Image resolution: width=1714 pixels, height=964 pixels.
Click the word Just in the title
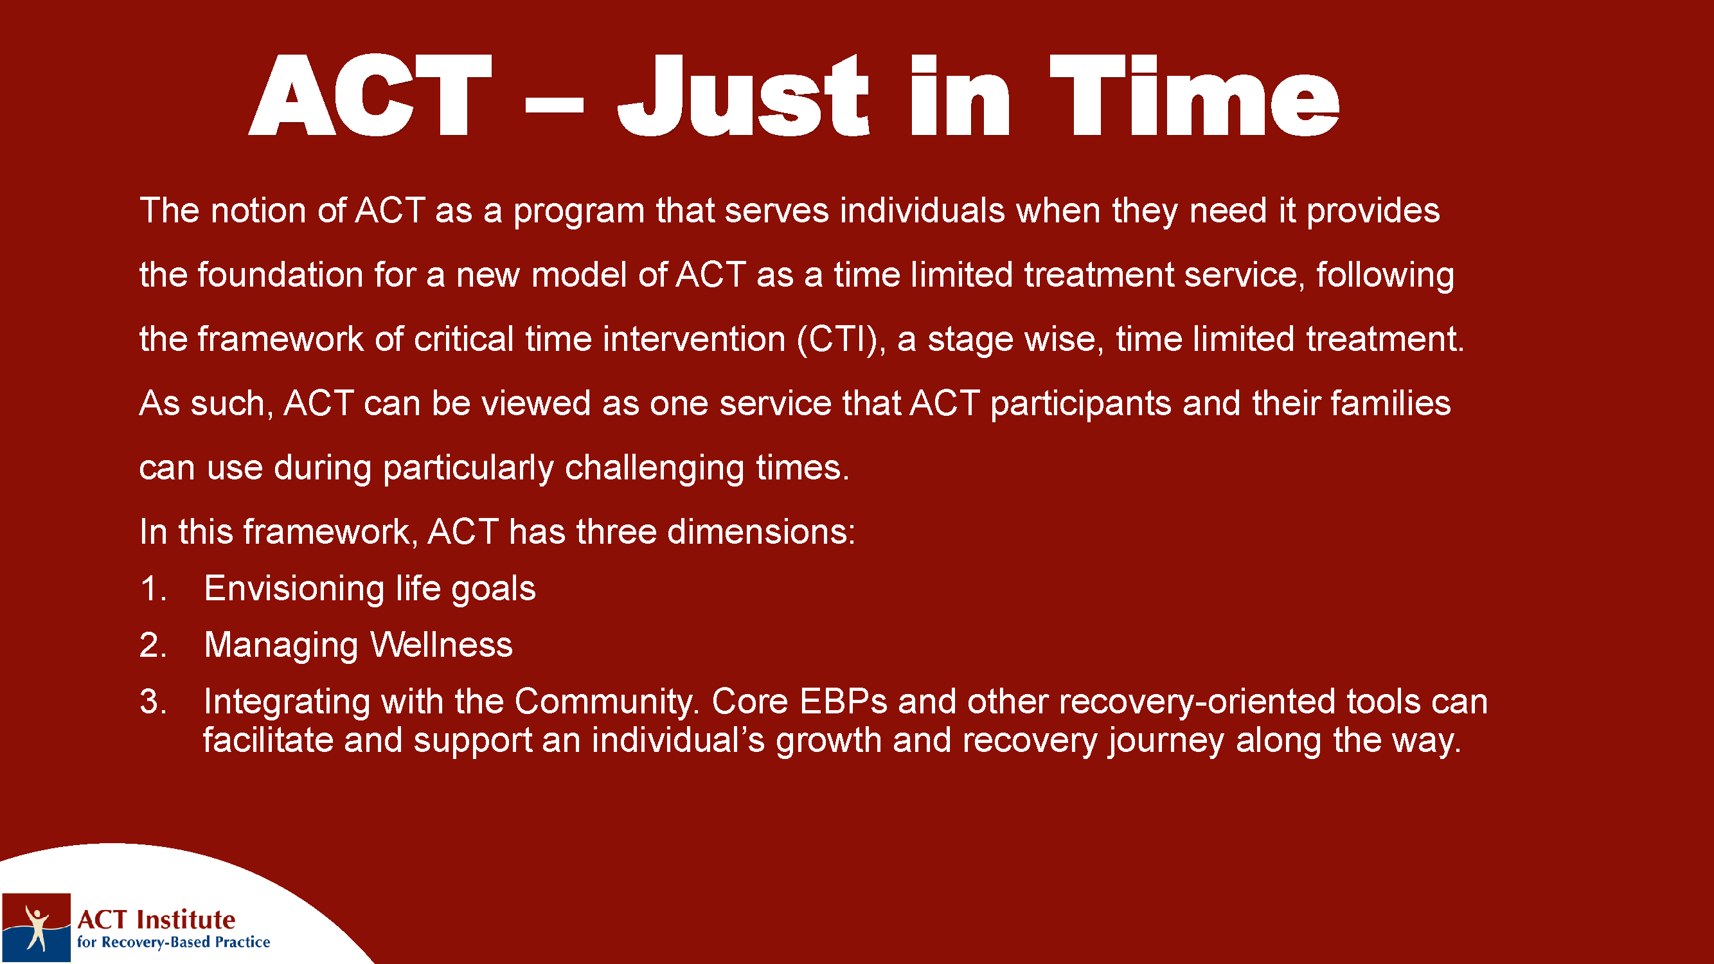(743, 95)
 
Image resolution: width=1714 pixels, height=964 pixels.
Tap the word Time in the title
(1194, 95)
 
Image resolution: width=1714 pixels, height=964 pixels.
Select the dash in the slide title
(554, 105)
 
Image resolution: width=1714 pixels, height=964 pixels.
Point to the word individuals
(922, 210)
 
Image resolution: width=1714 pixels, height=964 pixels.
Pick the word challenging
(654, 468)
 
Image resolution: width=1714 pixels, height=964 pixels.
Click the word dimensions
(760, 531)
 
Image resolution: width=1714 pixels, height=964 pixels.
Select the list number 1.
(153, 589)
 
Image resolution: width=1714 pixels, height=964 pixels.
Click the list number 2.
(153, 645)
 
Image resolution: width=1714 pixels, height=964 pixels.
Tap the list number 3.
(153, 702)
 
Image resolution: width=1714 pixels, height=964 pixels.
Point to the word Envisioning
(294, 589)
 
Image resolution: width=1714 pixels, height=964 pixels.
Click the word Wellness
(441, 645)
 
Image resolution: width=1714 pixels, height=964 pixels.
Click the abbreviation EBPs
(843, 701)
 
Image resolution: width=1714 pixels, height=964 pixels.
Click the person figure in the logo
(37, 927)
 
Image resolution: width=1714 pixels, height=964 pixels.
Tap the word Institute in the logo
(186, 920)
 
